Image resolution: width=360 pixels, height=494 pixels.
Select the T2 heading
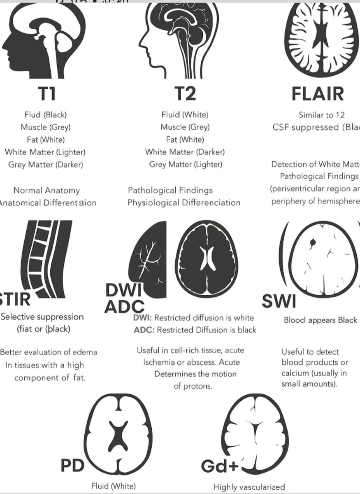coord(185,94)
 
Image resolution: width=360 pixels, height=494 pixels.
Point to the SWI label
coord(279,302)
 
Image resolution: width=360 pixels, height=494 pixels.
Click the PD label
coord(72,466)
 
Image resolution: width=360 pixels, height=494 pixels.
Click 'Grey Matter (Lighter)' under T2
coord(185,164)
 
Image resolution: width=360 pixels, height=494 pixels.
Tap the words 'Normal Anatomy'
coord(46,191)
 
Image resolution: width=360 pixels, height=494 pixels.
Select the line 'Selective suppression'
coord(42,317)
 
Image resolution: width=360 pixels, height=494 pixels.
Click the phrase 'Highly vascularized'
coord(249,486)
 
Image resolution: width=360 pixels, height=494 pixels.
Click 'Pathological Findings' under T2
coord(170,190)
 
